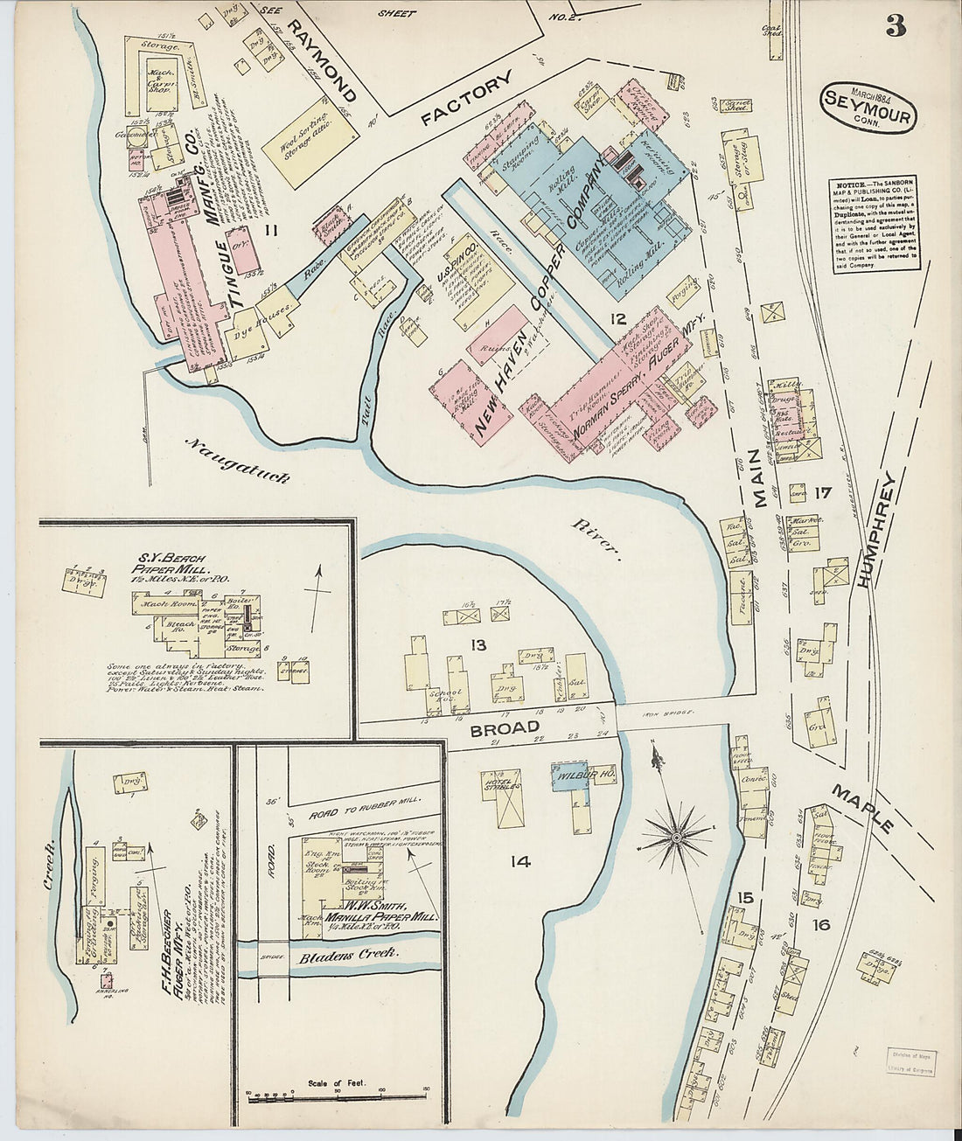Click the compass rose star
(x=675, y=837)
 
